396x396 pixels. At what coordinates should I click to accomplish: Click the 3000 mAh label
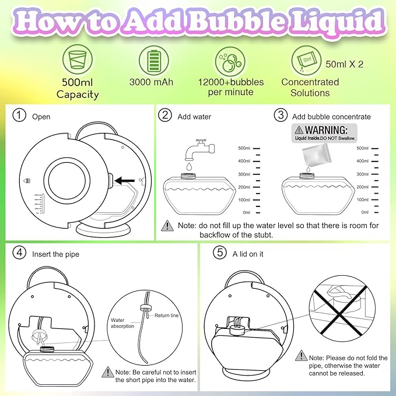pos(151,82)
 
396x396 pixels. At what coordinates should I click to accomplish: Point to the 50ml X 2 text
pos(344,64)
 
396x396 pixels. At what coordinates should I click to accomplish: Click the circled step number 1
pos(20,116)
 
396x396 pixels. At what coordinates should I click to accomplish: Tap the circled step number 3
pos(281,116)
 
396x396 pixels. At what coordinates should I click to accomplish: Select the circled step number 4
pos(20,254)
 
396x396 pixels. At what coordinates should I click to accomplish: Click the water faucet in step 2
pos(195,148)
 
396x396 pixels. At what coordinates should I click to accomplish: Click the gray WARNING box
pos(320,133)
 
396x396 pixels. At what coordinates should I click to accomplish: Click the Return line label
pos(167,316)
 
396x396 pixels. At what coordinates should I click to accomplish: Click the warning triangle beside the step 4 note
pos(108,372)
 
